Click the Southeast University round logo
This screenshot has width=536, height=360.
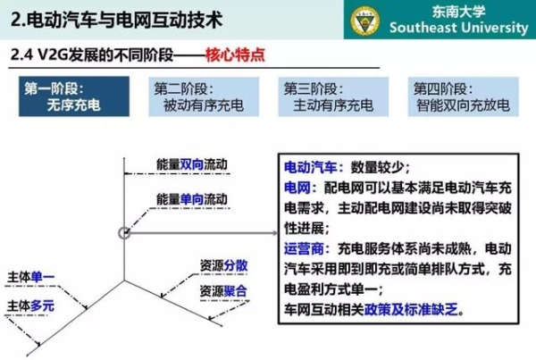[x=365, y=21]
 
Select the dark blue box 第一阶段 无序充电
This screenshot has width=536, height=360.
[x=74, y=96]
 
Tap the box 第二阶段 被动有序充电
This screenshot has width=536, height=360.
[x=204, y=96]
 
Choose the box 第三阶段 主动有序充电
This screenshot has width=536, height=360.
[x=333, y=96]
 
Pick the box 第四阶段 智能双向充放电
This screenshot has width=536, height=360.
[x=463, y=96]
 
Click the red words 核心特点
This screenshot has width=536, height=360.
[x=235, y=55]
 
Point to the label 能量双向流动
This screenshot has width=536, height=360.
[x=192, y=164]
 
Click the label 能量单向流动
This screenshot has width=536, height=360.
[x=192, y=199]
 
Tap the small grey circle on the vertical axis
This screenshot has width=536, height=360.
[x=124, y=233]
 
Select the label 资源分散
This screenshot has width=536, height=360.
[x=223, y=265]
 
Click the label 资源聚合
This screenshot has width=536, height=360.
[x=223, y=291]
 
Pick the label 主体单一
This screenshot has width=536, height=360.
[x=30, y=277]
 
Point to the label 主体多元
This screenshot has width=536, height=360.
[x=30, y=306]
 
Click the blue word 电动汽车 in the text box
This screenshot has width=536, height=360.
[x=310, y=168]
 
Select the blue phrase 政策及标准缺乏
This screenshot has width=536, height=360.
[x=411, y=310]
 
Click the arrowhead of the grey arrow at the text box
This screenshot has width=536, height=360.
[x=275, y=233]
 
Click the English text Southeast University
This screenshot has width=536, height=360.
[x=459, y=28]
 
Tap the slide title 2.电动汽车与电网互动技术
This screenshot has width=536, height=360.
[x=116, y=20]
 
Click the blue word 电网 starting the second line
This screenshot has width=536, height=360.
[x=297, y=188]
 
